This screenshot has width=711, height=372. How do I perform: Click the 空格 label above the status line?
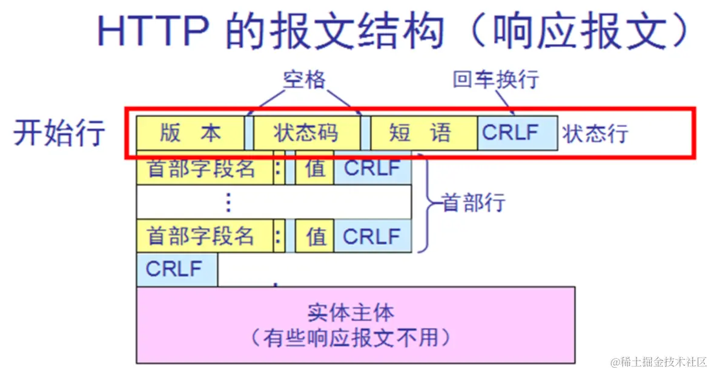304,79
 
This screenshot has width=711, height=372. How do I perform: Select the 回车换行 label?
495,80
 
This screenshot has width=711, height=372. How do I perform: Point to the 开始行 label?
59,132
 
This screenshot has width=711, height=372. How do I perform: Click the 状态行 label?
595,134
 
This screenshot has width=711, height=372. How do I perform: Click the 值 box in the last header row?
315,236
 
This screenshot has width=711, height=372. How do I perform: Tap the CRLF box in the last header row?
372,236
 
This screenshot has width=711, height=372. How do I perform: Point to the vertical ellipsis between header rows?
228,203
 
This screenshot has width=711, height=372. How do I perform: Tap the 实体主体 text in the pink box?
350,313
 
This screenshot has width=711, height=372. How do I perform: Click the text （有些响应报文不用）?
350,337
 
